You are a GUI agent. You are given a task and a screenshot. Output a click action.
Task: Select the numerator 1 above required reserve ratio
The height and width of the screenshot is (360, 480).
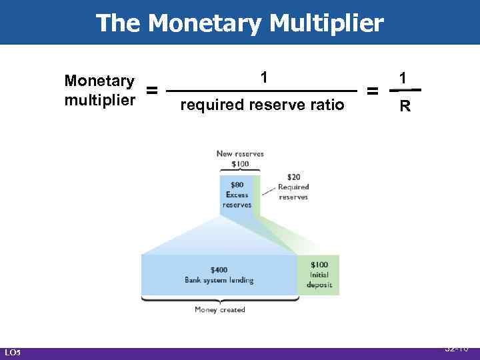pyautogui.click(x=265, y=77)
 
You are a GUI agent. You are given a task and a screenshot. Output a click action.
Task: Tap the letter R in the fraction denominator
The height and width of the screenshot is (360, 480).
pyautogui.click(x=405, y=105)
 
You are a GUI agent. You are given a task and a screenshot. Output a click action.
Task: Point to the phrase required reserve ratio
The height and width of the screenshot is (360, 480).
pyautogui.click(x=262, y=105)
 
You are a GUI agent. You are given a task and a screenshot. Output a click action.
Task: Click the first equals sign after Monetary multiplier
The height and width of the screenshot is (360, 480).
pyautogui.click(x=152, y=91)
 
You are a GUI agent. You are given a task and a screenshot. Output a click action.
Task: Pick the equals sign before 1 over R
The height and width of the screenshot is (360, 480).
pyautogui.click(x=374, y=91)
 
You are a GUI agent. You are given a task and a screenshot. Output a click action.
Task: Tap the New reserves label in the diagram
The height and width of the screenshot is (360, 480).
pyautogui.click(x=239, y=154)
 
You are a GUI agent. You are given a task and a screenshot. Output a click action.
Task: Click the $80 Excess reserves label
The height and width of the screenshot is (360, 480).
pyautogui.click(x=237, y=194)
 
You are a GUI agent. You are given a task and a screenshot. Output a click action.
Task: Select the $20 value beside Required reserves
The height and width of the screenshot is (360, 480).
pyautogui.click(x=293, y=177)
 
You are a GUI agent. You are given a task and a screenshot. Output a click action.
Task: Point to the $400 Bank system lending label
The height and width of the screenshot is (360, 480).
pyautogui.click(x=219, y=275)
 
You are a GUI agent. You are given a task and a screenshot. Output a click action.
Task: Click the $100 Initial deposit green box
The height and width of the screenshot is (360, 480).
pyautogui.click(x=319, y=274)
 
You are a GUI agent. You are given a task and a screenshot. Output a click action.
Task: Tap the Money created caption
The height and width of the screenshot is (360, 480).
pyautogui.click(x=219, y=309)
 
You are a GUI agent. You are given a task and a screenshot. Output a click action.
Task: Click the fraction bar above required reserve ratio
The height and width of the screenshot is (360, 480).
pyautogui.click(x=262, y=91)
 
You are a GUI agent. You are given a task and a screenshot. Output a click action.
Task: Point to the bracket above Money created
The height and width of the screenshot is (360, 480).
pyautogui.click(x=219, y=300)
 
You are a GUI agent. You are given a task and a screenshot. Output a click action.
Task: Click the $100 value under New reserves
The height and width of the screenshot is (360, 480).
pyautogui.click(x=239, y=163)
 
